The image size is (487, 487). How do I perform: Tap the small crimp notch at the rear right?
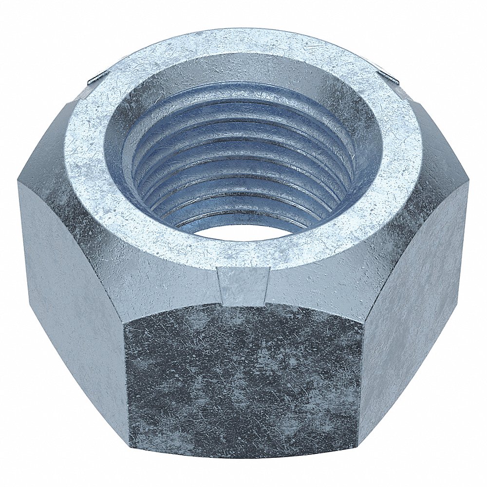390,77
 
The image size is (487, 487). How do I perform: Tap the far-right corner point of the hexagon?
469,183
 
